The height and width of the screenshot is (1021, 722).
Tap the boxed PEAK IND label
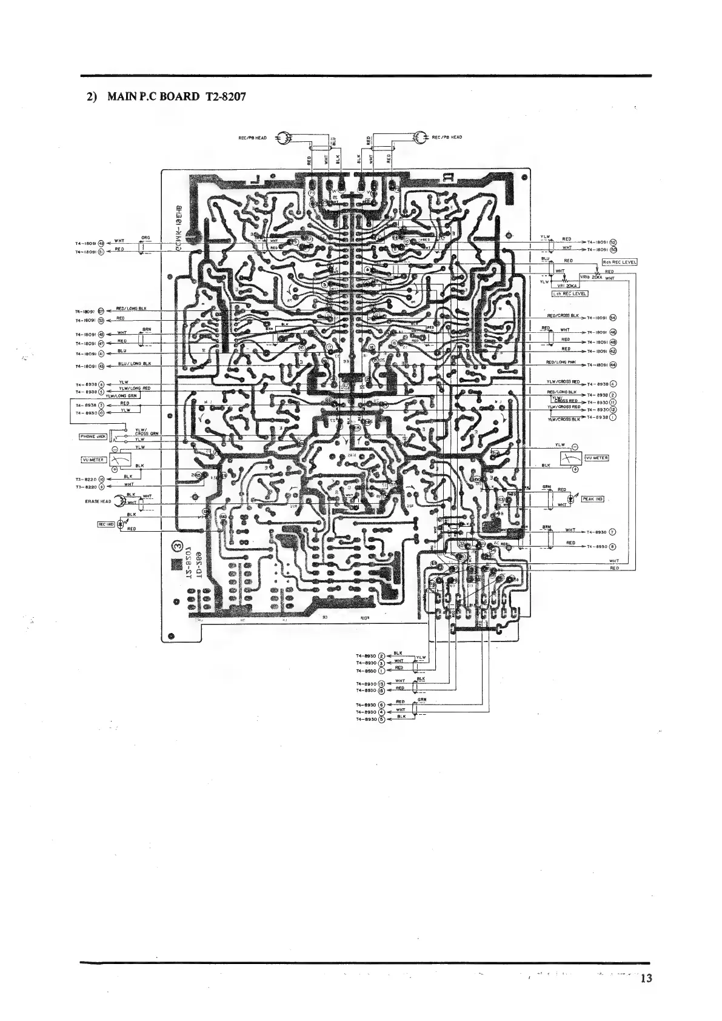click(x=592, y=499)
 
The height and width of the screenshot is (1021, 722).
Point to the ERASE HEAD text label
click(x=96, y=501)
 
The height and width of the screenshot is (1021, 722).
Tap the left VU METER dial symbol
click(x=121, y=460)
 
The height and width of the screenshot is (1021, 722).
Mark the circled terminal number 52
click(x=613, y=241)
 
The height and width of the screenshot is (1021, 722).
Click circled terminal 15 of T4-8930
click(x=381, y=690)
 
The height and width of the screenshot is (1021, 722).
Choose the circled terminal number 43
click(x=101, y=366)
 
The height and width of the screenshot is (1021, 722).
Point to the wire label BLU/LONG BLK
click(x=135, y=363)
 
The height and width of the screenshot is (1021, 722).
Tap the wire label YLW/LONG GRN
click(x=122, y=395)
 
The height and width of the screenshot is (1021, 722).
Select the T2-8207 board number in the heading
click(x=222, y=97)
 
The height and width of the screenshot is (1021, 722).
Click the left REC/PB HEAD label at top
click(x=252, y=138)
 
